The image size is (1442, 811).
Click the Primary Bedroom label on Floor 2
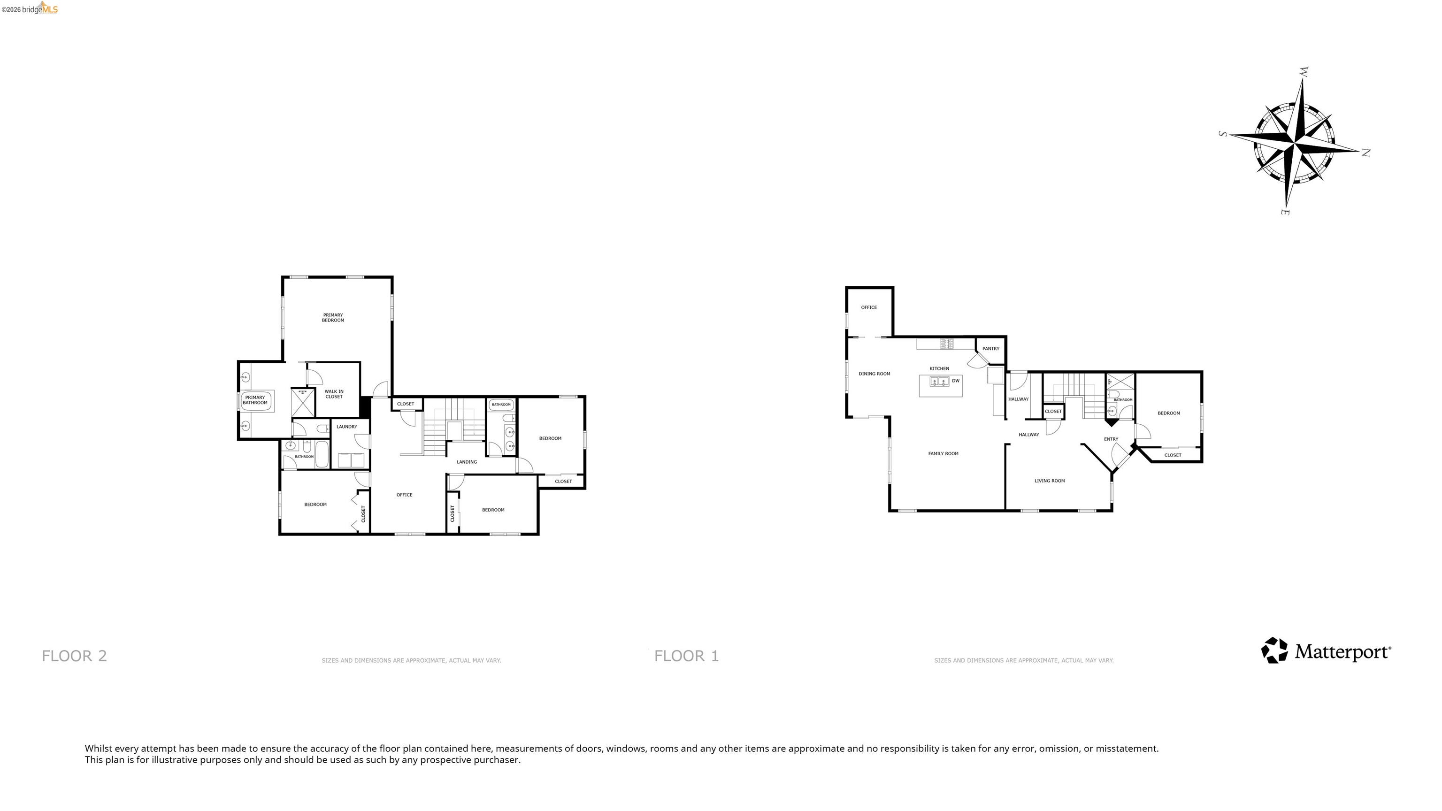pyautogui.click(x=333, y=317)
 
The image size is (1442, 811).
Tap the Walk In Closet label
pyautogui.click(x=334, y=394)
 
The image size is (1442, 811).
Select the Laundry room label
pyautogui.click(x=346, y=427)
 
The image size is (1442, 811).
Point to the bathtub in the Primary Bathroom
pyautogui.click(x=255, y=401)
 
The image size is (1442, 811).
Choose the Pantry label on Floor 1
pyautogui.click(x=990, y=349)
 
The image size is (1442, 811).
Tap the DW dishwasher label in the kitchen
pyautogui.click(x=956, y=381)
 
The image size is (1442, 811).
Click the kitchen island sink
pyautogui.click(x=939, y=382)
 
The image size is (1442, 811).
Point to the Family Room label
pyautogui.click(x=943, y=453)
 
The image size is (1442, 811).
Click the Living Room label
pyautogui.click(x=1049, y=481)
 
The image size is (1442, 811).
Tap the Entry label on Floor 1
pyautogui.click(x=1111, y=439)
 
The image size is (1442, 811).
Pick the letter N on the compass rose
pyautogui.click(x=1365, y=152)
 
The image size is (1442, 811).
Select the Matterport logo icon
pyautogui.click(x=1274, y=650)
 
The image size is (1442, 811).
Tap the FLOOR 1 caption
pyautogui.click(x=686, y=655)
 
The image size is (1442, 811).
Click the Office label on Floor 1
pyautogui.click(x=869, y=307)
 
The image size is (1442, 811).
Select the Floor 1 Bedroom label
pyautogui.click(x=1168, y=413)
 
